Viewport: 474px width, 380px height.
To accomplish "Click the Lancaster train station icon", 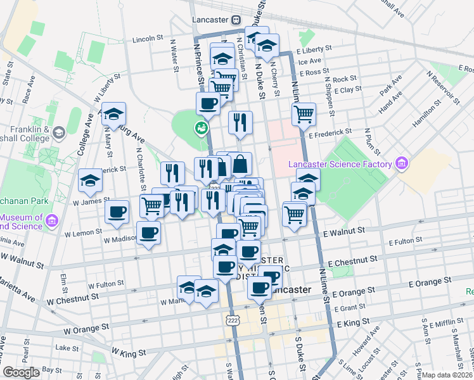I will coord(235,20).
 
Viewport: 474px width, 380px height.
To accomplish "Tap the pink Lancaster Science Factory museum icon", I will coord(400,164).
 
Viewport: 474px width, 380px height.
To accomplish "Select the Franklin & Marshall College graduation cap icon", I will coord(60,132).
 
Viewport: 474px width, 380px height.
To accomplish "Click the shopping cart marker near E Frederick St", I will coord(304,114).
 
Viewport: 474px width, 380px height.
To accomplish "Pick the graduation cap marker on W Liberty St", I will coord(114,114).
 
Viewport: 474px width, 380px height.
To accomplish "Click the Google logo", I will coord(22,372).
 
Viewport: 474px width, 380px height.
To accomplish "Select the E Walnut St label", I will coord(343,232).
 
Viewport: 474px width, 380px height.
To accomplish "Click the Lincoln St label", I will coord(148,39).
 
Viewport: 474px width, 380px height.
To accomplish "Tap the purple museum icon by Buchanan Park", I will coord(51,220).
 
